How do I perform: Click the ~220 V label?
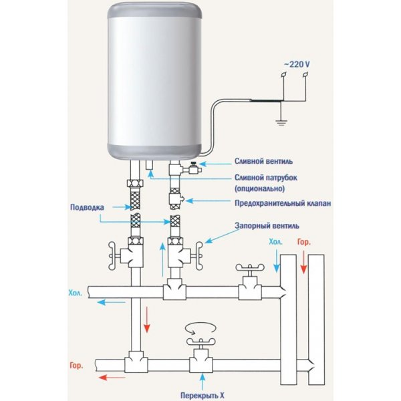point(295,63)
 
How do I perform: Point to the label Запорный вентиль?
point(261,226)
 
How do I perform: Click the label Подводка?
point(87,207)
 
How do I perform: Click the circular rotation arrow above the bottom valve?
point(200,328)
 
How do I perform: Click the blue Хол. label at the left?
point(75,293)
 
